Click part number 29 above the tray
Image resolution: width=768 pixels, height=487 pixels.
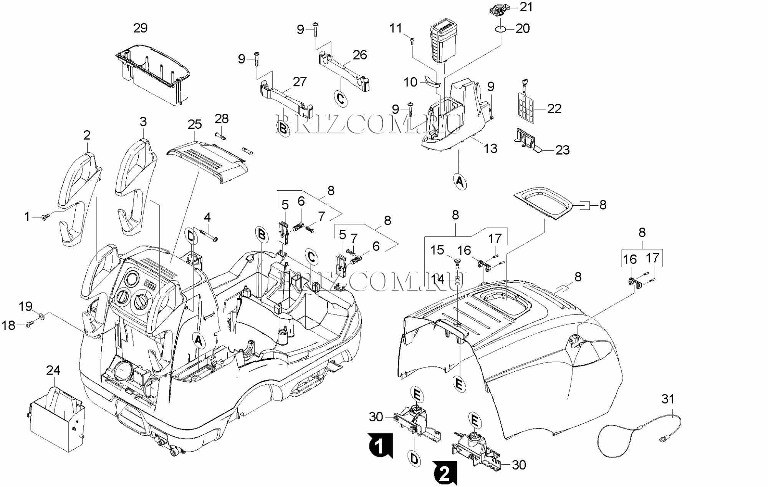tap(140, 28)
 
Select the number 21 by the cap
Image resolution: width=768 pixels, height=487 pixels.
tap(526, 7)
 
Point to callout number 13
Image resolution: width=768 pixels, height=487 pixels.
tap(490, 148)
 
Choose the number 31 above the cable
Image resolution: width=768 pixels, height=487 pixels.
tap(668, 399)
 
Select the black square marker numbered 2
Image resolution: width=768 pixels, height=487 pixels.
tap(445, 473)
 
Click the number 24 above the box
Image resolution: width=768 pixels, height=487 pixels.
tap(53, 370)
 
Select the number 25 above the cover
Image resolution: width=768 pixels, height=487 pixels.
tap(195, 124)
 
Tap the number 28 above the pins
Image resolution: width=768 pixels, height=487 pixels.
tap(222, 119)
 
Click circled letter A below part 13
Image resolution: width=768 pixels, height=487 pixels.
tap(460, 181)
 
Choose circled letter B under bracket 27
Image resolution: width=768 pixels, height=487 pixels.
tap(283, 128)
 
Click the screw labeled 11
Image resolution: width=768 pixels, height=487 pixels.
tap(412, 40)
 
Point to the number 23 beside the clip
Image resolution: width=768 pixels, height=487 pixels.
tap(563, 150)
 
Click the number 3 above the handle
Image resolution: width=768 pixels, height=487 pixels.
tap(143, 122)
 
